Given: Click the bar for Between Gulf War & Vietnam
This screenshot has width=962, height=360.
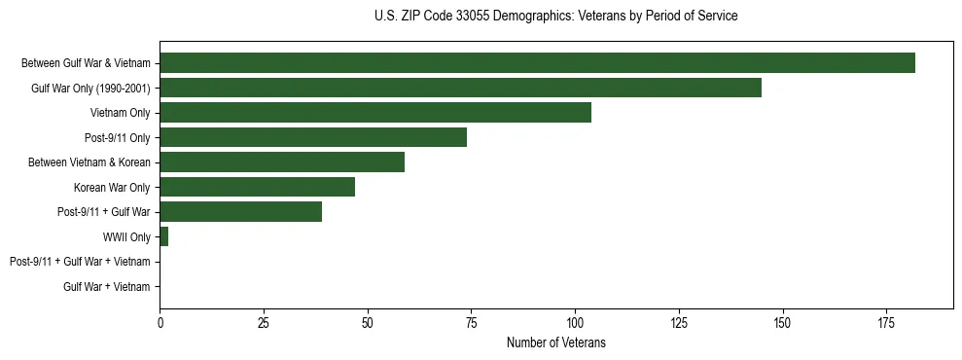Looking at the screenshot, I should click(537, 63).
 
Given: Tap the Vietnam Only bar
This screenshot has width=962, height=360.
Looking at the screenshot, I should click(375, 113).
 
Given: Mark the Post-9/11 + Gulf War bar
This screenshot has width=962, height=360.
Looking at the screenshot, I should click(240, 212).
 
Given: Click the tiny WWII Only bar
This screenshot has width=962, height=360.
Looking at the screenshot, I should click(163, 236).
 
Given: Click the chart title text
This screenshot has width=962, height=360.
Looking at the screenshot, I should click(555, 17).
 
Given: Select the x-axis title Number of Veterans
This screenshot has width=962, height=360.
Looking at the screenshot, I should click(555, 342).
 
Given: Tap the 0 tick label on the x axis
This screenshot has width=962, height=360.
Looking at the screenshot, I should click(160, 322).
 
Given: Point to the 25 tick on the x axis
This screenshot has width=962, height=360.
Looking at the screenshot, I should click(264, 322).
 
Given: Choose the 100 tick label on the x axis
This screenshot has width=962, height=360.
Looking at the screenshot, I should click(575, 322).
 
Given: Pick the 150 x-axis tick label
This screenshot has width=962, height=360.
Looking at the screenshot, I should click(782, 322).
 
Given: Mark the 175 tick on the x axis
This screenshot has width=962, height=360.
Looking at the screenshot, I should click(886, 322).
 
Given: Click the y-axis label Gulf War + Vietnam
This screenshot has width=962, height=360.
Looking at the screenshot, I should click(107, 287).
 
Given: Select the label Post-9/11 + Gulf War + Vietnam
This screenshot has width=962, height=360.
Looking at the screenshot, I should click(80, 262).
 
